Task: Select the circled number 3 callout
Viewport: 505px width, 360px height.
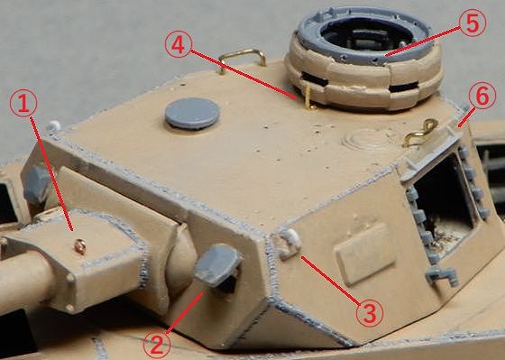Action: point(370,313)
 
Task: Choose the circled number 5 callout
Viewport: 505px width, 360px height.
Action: point(473,23)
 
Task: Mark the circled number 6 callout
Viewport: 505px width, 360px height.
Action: point(482,96)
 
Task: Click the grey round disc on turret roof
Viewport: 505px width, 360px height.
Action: point(192,113)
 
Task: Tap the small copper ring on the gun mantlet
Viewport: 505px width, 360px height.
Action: point(80,246)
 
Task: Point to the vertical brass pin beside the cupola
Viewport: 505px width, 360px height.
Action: point(308,97)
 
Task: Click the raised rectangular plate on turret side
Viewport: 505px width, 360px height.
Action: point(365,254)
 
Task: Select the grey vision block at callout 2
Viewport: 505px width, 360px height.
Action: point(218,266)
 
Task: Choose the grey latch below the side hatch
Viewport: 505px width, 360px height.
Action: point(442,276)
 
